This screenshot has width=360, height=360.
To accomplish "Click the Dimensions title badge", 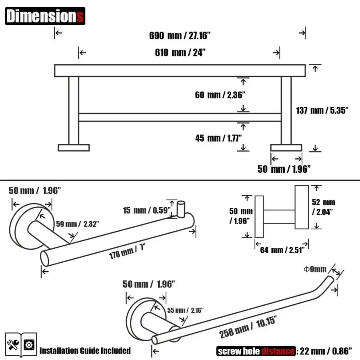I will point(45,16).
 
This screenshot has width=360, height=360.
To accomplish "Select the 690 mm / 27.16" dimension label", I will point(180,36).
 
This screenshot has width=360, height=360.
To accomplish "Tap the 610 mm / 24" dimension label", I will point(180,52).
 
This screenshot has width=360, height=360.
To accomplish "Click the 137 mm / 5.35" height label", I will point(322,110).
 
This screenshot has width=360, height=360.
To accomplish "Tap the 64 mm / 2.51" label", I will point(282,250).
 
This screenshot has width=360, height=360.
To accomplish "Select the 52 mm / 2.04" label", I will point(324,206).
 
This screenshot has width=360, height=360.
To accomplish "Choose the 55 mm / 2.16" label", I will point(186,310).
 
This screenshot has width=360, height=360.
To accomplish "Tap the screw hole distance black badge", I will point(256,351).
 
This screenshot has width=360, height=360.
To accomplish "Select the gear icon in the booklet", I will point(29,345).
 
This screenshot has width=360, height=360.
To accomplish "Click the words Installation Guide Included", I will point(85,351).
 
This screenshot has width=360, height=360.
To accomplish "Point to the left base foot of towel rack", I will point(74,148).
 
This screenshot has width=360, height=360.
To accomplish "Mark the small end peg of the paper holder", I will point(180,208).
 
